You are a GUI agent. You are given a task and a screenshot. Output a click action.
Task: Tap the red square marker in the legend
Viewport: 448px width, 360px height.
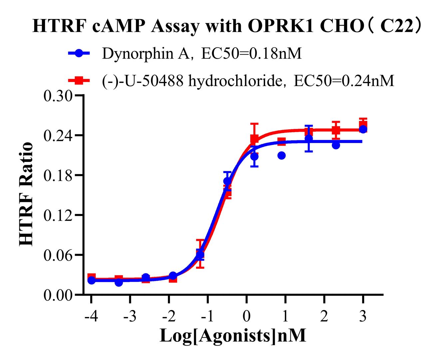tap(79, 81)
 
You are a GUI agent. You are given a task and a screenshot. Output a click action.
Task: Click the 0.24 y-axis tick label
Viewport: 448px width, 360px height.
tap(58, 135)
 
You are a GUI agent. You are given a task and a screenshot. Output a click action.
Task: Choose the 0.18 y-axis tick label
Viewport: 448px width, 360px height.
tap(58, 175)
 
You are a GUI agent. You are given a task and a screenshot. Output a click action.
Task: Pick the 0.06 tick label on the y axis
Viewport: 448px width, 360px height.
tap(58, 255)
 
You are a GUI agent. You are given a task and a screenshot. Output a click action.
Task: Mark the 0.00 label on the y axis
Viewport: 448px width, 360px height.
tap(58, 295)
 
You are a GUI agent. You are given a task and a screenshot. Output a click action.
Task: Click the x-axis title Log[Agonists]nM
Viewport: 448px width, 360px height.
tap(233, 335)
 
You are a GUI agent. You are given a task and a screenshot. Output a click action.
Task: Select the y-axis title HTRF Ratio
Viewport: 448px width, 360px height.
tap(27, 194)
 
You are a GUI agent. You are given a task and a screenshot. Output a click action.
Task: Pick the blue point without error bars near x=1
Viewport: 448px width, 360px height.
tap(281, 155)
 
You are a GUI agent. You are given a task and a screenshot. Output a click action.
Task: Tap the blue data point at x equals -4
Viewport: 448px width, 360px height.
tap(91, 280)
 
